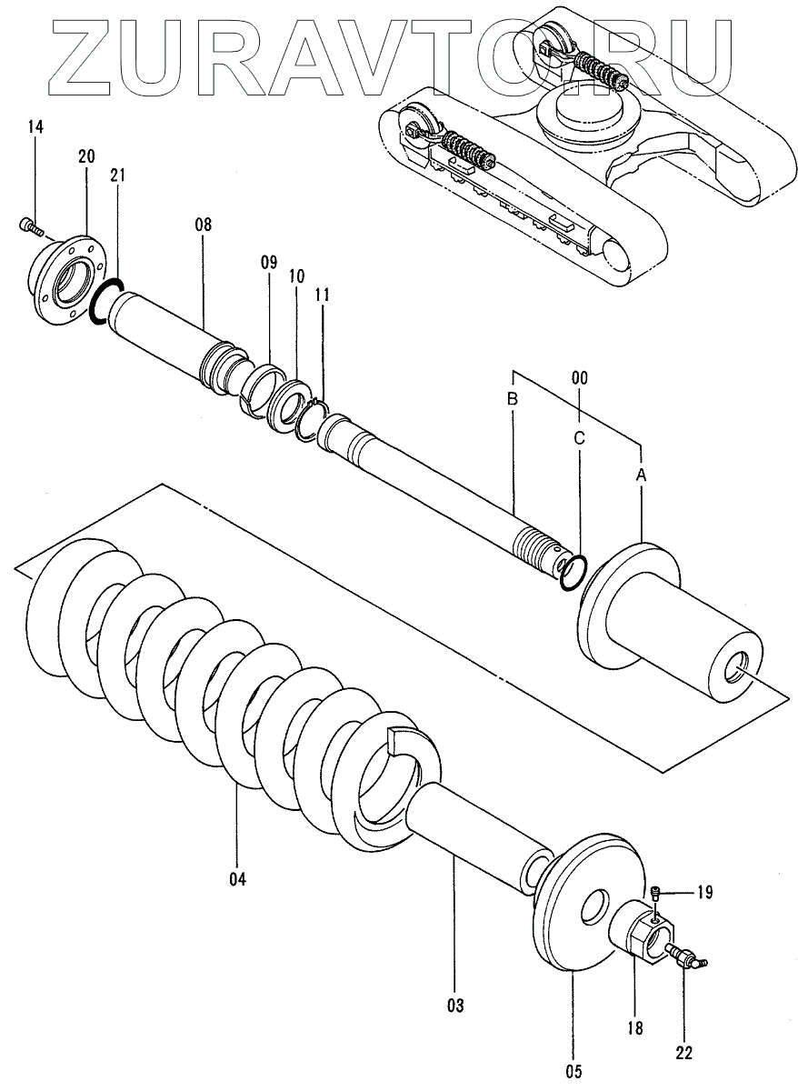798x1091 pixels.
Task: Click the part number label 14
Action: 35,127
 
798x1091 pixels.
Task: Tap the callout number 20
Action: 86,156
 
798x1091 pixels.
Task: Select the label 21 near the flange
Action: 118,175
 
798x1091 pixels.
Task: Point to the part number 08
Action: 202,224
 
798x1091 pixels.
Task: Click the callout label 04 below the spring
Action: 237,878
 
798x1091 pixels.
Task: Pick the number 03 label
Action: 454,1006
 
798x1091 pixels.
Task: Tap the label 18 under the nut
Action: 634,1028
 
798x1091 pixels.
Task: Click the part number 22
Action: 683,1053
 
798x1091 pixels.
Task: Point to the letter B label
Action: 513,399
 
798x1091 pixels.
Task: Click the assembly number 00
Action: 579,375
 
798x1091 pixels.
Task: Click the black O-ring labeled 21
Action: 106,300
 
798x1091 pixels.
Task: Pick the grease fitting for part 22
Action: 688,957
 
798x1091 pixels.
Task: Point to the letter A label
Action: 642,474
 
